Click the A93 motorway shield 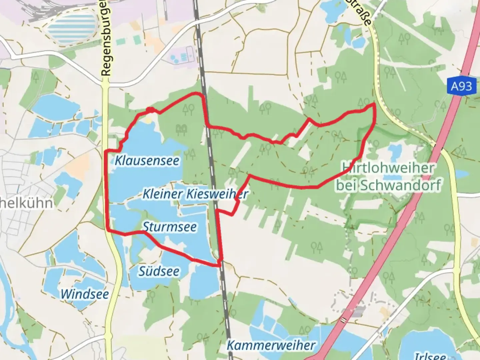click(461, 87)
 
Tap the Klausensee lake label click(147, 161)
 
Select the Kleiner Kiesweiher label click(195, 194)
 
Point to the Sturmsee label click(170, 227)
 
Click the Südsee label click(159, 271)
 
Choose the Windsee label click(85, 294)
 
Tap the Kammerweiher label click(271, 345)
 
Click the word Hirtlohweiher click(388, 168)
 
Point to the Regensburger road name click(106, 38)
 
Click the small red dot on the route click(150, 110)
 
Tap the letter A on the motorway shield click(455, 87)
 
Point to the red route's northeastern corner click(374, 105)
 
